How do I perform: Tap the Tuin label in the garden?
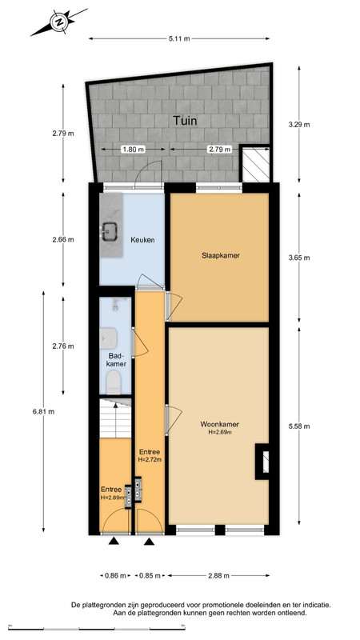pyautogui.click(x=185, y=121)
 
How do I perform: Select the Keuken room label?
pyautogui.click(x=142, y=240)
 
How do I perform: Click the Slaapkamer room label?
pyautogui.click(x=220, y=256)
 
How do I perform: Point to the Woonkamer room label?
pyautogui.click(x=219, y=425)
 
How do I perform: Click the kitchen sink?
pyautogui.click(x=110, y=232)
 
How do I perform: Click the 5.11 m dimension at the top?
pyautogui.click(x=179, y=38)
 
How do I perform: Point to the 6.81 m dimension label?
pyautogui.click(x=44, y=411)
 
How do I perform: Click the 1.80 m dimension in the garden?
pyautogui.click(x=134, y=150)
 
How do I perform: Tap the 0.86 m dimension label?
pyautogui.click(x=115, y=575)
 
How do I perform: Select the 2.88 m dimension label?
pyautogui.click(x=218, y=575)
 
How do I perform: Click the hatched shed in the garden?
pyautogui.click(x=256, y=163)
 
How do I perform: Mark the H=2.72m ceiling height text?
pyautogui.click(x=150, y=459)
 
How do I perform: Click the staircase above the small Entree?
pyautogui.click(x=115, y=418)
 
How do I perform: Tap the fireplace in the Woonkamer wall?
pyautogui.click(x=262, y=462)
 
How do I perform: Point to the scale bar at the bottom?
pyautogui.click(x=97, y=627)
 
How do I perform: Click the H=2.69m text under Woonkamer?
pyautogui.click(x=220, y=432)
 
